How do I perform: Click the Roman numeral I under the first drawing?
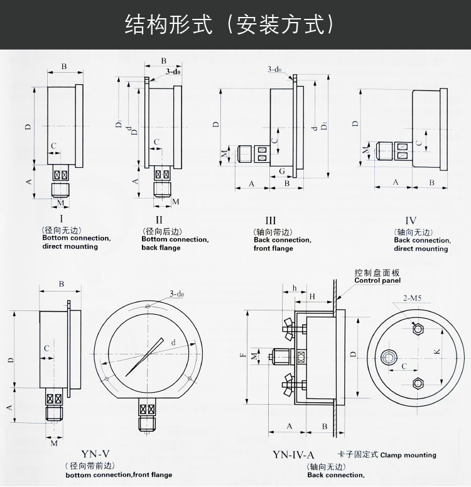coord(53,219)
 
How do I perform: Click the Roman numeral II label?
coord(160,219)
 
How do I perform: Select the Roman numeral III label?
coord(271,220)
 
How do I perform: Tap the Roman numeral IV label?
coord(411,220)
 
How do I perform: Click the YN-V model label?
coord(95,454)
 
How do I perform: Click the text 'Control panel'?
coord(377,281)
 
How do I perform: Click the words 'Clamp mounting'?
coord(408,455)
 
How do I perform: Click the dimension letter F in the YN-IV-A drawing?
coord(243,356)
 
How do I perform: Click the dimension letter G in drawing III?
coord(282,171)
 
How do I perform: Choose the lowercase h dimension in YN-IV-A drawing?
coord(294,288)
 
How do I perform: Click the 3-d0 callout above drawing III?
coord(274,69)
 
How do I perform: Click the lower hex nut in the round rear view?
coord(416,383)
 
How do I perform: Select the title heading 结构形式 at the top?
coord(170,24)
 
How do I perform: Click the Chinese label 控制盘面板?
coord(377,273)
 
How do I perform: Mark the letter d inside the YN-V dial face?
coord(173,342)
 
